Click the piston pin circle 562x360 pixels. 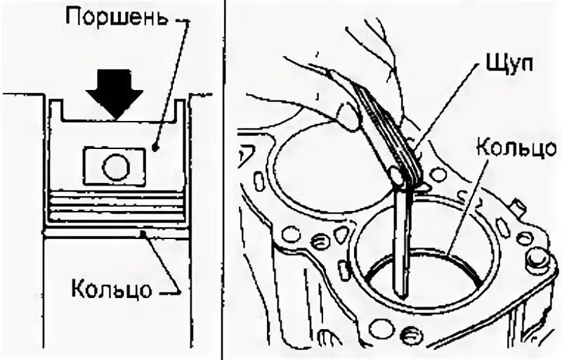click(x=115, y=167)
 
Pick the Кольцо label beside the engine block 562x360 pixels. click(x=506, y=148)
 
